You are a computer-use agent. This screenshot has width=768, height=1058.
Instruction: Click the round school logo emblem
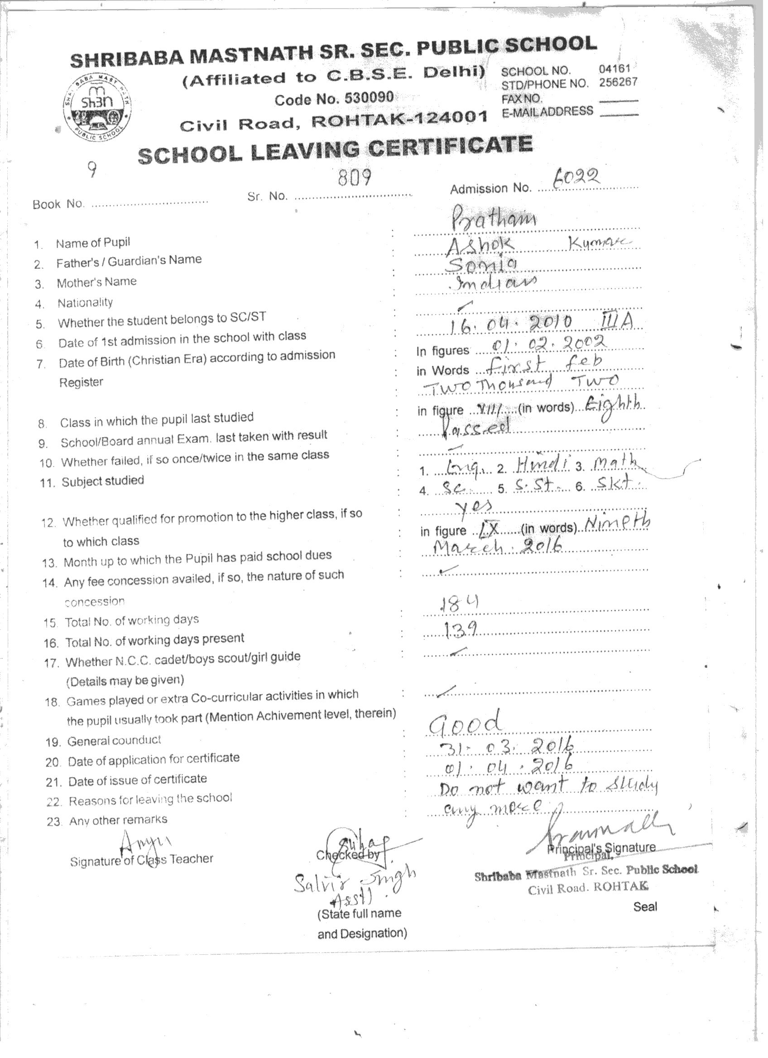(x=97, y=108)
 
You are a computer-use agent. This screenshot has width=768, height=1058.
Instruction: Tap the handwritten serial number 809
(x=355, y=177)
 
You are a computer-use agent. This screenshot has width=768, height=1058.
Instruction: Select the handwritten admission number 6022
(x=575, y=177)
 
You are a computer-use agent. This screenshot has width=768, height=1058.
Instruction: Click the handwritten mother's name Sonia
(x=481, y=265)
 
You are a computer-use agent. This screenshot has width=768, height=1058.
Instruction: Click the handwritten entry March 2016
(x=497, y=546)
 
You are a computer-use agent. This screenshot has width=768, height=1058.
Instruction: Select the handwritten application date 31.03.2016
(x=506, y=747)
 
